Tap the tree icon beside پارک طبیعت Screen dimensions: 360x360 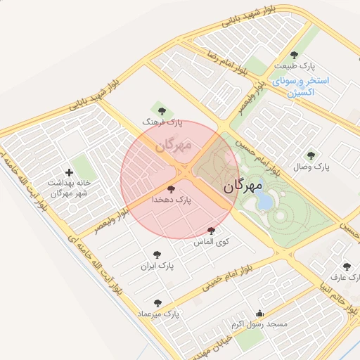(x=294, y=55)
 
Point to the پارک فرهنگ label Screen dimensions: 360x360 (x=162, y=122)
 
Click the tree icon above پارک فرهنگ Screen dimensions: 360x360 (x=162, y=110)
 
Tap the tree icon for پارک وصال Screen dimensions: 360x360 (x=311, y=155)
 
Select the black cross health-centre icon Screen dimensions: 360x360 (x=68, y=172)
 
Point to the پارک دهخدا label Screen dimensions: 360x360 (x=172, y=200)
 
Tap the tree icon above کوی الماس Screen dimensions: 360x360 (x=211, y=231)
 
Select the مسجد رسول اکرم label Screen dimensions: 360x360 (x=259, y=325)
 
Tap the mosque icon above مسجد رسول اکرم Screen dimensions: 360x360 (x=260, y=314)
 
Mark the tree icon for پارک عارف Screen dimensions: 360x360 (x=346, y=266)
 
